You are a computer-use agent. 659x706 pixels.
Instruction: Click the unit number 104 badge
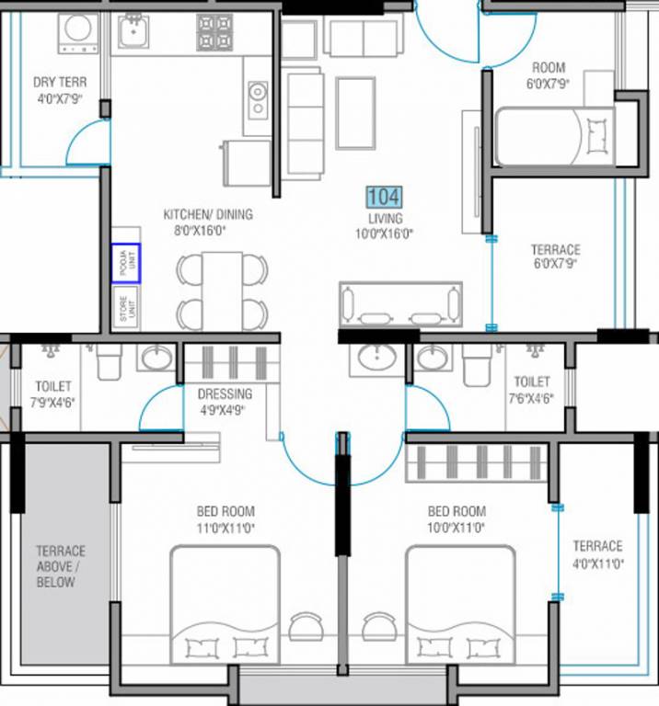click(x=384, y=197)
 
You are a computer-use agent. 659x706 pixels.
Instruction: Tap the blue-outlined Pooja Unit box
click(x=126, y=261)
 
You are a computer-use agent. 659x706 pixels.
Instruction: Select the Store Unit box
click(x=126, y=308)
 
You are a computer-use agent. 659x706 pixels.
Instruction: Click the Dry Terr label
click(x=60, y=82)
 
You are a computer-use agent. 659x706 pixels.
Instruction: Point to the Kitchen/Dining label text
click(x=208, y=214)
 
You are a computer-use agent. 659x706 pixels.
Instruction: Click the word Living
click(x=385, y=218)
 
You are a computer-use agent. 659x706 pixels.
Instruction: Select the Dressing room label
click(x=225, y=393)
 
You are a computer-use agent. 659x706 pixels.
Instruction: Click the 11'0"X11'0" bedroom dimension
click(x=225, y=529)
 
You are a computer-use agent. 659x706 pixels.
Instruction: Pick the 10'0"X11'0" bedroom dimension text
click(x=457, y=529)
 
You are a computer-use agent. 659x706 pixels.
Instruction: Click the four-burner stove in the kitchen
click(x=217, y=33)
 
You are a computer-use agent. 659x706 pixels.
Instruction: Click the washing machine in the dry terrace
click(x=77, y=33)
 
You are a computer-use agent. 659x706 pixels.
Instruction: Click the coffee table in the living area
click(x=355, y=112)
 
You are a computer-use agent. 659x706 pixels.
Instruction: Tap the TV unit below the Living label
click(x=401, y=304)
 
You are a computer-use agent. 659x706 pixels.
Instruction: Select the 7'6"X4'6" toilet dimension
click(x=532, y=399)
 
